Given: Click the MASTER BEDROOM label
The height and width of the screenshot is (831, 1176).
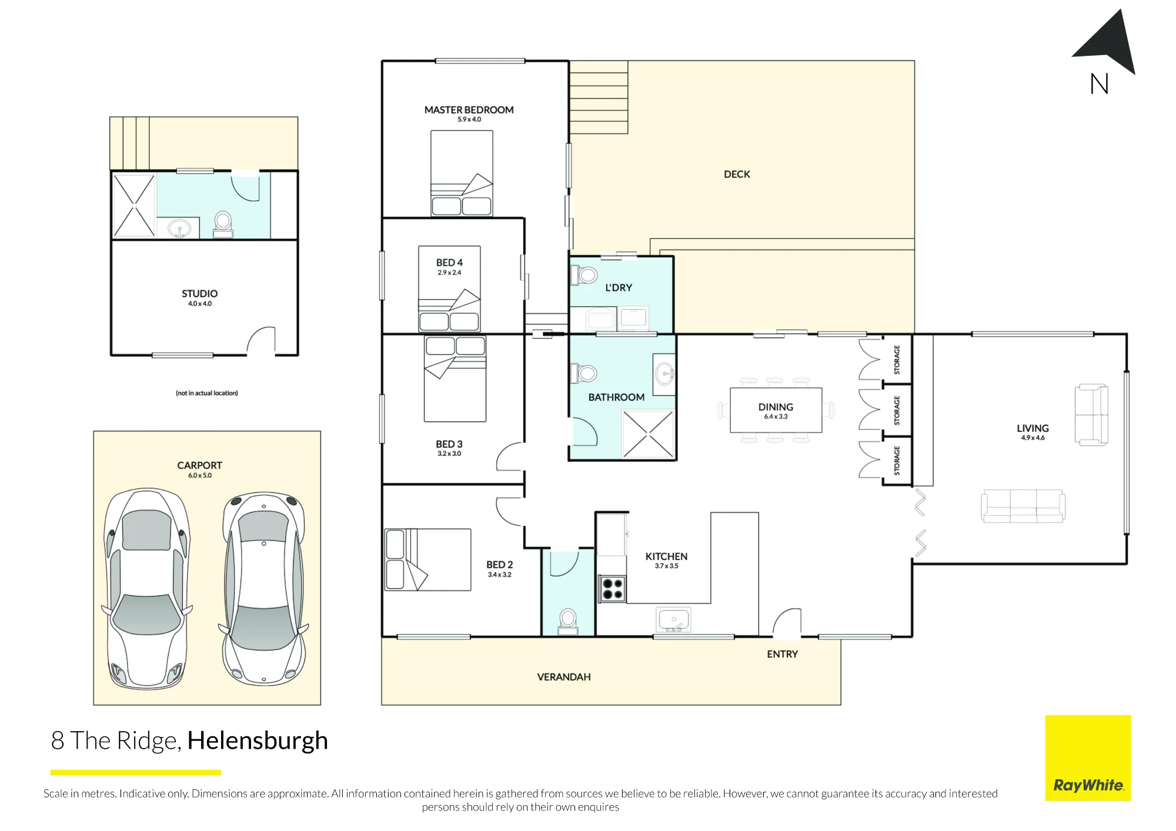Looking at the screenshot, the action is [x=469, y=110].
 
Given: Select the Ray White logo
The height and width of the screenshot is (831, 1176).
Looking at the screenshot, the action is [x=1088, y=758].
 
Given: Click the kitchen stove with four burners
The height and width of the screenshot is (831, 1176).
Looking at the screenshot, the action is [x=612, y=589].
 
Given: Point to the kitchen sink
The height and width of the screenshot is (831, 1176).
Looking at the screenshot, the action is [x=674, y=619].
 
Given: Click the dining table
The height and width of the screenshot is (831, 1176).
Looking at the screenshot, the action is [x=776, y=410].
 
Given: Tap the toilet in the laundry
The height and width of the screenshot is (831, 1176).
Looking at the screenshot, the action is [x=584, y=275].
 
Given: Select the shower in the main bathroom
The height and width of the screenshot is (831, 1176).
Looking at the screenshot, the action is [x=648, y=434].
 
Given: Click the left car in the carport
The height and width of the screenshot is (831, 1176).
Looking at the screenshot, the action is [x=147, y=588].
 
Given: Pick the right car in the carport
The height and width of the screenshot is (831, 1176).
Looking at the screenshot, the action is [x=264, y=588].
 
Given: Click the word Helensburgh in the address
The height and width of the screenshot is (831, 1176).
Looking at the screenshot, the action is [x=258, y=740].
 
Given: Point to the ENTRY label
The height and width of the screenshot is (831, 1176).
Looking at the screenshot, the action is [x=782, y=654].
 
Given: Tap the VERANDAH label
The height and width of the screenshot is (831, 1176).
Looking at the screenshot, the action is [x=564, y=677].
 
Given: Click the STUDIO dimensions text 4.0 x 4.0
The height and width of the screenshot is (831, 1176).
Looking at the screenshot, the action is [x=200, y=304].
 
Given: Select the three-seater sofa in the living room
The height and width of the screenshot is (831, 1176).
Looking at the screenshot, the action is [x=1023, y=506].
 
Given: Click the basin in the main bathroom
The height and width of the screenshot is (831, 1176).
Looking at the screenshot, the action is [x=665, y=373].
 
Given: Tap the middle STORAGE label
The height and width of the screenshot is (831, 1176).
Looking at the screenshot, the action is [x=897, y=410].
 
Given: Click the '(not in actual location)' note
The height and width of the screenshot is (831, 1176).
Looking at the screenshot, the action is [x=207, y=393].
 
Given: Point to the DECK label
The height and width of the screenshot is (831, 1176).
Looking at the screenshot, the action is [x=737, y=175].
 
